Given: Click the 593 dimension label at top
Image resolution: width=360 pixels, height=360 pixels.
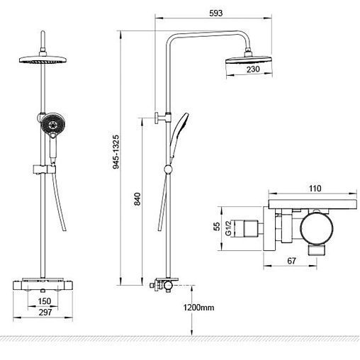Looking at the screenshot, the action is pyautogui.click(x=216, y=13).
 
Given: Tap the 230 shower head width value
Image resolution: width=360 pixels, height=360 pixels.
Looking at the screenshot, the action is pyautogui.click(x=253, y=69).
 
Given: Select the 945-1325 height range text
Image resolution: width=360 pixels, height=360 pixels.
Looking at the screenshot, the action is pyautogui.click(x=116, y=152).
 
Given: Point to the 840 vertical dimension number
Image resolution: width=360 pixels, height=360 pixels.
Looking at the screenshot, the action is pyautogui.click(x=137, y=199).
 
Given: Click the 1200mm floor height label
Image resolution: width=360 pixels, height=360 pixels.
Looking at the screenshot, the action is pyautogui.click(x=198, y=308).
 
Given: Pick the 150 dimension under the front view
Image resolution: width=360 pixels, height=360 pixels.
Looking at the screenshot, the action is pyautogui.click(x=45, y=301).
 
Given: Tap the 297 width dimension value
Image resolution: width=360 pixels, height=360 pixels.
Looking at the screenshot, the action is pyautogui.click(x=45, y=313).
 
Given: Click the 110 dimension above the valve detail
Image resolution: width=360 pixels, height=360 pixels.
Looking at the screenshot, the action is pyautogui.click(x=315, y=189).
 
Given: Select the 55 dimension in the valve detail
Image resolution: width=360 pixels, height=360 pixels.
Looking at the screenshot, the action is pyautogui.click(x=217, y=226).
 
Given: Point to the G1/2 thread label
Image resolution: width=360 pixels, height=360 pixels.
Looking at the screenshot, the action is pyautogui.click(x=228, y=228).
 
